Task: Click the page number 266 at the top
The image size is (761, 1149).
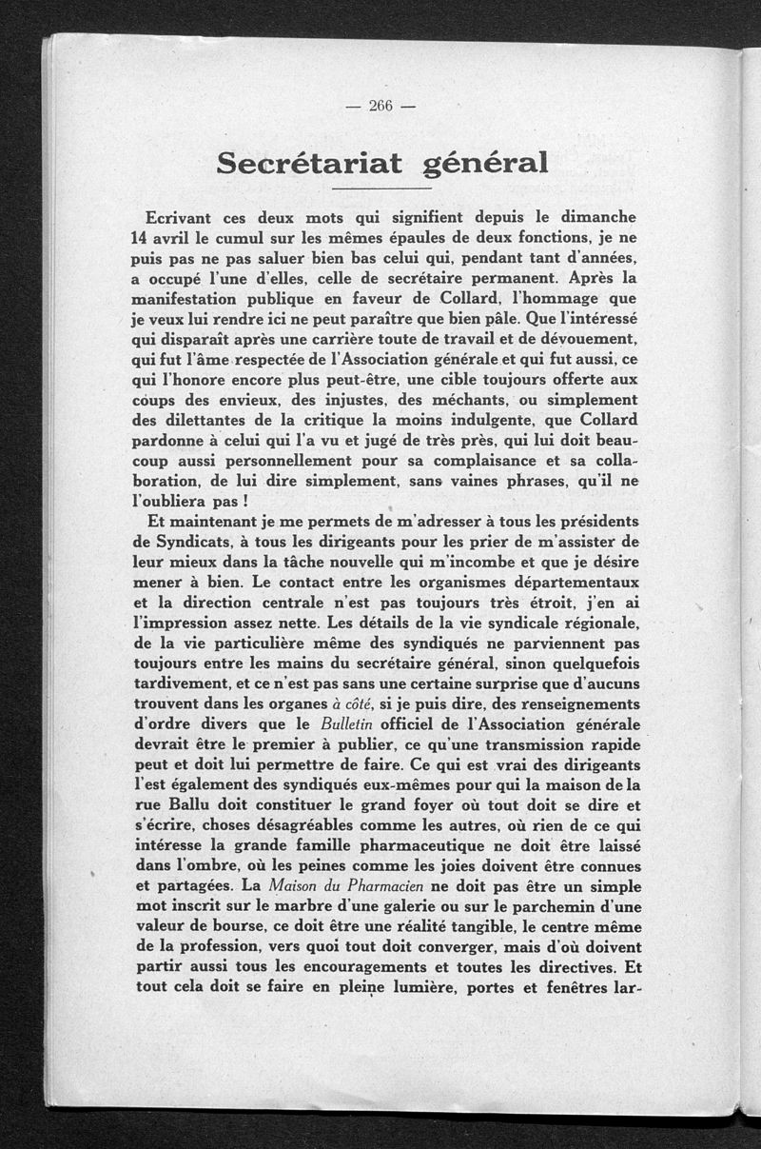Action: coord(380,106)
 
